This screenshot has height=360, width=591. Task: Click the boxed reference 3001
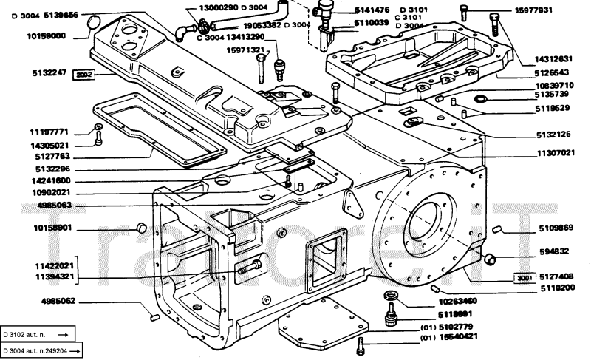[x=524, y=278]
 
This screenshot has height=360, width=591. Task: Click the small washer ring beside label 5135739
[x=481, y=99]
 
